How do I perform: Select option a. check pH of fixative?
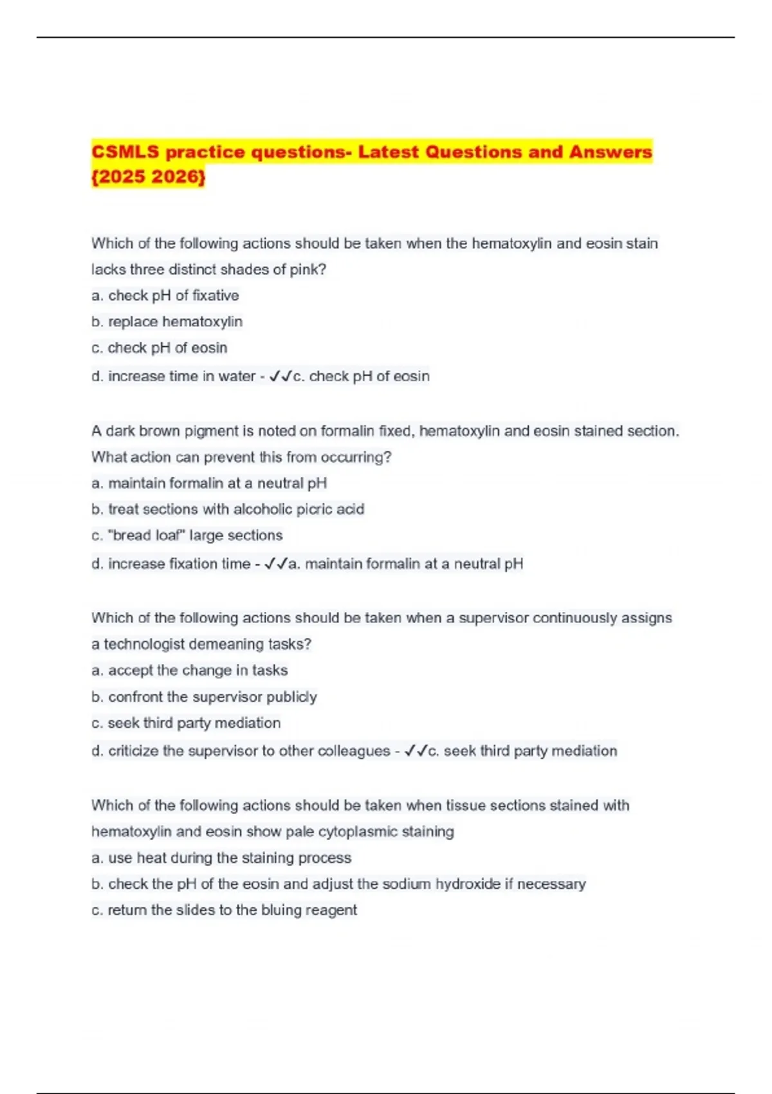pyautogui.click(x=165, y=295)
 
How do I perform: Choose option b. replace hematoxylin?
pyautogui.click(x=167, y=322)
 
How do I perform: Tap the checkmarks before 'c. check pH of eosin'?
pyautogui.click(x=280, y=376)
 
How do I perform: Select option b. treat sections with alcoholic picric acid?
pyautogui.click(x=228, y=510)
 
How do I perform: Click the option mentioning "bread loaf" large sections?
pyautogui.click(x=187, y=535)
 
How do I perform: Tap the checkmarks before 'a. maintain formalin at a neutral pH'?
pyautogui.click(x=276, y=564)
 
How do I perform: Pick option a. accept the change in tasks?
pyautogui.click(x=189, y=671)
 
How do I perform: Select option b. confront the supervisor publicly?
pyautogui.click(x=204, y=697)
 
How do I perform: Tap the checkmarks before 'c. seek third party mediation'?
pyautogui.click(x=416, y=751)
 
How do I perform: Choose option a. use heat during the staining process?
pyautogui.click(x=221, y=858)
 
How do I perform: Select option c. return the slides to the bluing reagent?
pyautogui.click(x=224, y=911)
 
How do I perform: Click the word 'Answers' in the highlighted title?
pyautogui.click(x=610, y=153)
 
